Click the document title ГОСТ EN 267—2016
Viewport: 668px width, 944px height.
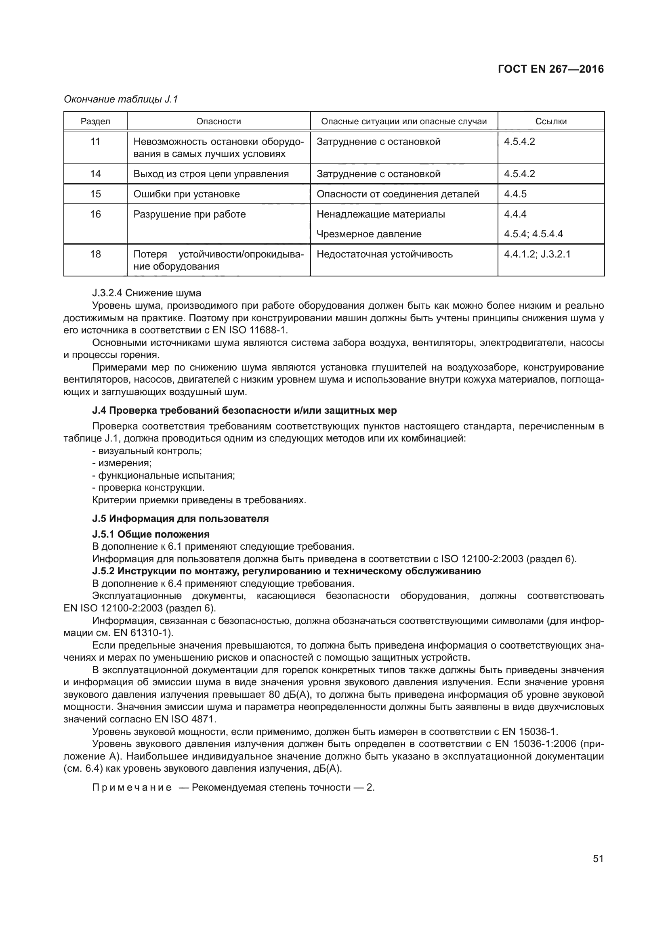coord(550,69)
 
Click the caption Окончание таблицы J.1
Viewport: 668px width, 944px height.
coord(120,99)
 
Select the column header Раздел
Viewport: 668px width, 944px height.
coord(95,121)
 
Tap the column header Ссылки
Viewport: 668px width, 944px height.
coord(551,121)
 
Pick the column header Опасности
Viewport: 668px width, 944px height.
coord(218,121)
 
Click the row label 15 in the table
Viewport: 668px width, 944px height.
coord(95,194)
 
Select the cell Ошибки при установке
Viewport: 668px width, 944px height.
coord(186,194)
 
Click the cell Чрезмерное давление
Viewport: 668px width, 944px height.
coord(369,234)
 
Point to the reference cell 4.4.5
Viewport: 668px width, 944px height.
coord(515,194)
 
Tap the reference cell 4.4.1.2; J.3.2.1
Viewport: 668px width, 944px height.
coord(537,254)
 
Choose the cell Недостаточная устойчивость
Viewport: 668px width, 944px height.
coord(384,254)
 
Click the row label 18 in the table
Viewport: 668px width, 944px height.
coord(95,254)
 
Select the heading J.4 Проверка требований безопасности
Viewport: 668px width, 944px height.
coord(244,410)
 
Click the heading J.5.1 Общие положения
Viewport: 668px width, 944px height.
coord(151,534)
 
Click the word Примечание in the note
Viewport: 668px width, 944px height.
coord(132,787)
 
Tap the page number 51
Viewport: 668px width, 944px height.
coord(598,858)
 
